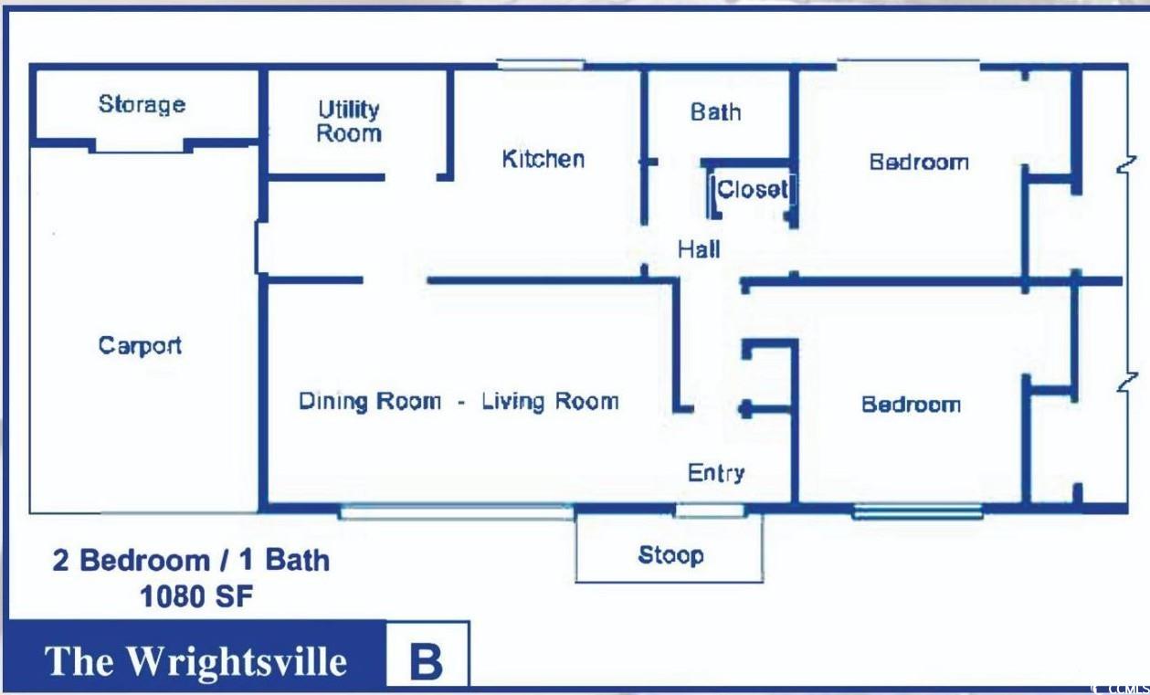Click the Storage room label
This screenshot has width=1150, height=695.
pyautogui.click(x=142, y=105)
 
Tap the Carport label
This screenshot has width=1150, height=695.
pyautogui.click(x=140, y=345)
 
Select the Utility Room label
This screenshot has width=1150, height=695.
pyautogui.click(x=349, y=121)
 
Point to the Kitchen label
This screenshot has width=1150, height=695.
pyautogui.click(x=543, y=159)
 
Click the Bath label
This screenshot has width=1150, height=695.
pyautogui.click(x=716, y=112)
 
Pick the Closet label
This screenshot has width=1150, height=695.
pyautogui.click(x=752, y=189)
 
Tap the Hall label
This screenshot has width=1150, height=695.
pyautogui.click(x=699, y=249)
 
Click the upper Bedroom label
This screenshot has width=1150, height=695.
pyautogui.click(x=919, y=163)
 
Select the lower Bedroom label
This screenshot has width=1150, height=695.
pyautogui.click(x=912, y=405)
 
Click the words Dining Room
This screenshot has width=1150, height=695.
pyautogui.click(x=370, y=401)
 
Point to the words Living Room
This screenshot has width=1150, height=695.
pyautogui.click(x=551, y=401)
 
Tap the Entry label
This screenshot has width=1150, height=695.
pyautogui.click(x=716, y=473)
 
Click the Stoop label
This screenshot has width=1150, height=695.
pyautogui.click(x=670, y=555)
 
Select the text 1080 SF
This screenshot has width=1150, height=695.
pyautogui.click(x=196, y=596)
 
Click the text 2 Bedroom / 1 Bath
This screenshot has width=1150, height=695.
pyautogui.click(x=191, y=560)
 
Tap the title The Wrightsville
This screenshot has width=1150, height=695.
pyautogui.click(x=195, y=661)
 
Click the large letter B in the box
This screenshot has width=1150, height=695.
pyautogui.click(x=427, y=661)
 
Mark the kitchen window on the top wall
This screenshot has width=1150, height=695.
pyautogui.click(x=541, y=65)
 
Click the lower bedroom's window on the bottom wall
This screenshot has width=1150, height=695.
pyautogui.click(x=917, y=511)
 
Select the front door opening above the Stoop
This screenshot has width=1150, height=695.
pyautogui.click(x=710, y=511)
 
